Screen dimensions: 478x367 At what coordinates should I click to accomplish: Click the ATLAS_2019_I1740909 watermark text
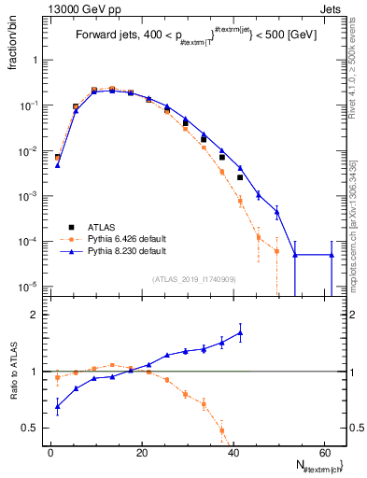tap(193, 279)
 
